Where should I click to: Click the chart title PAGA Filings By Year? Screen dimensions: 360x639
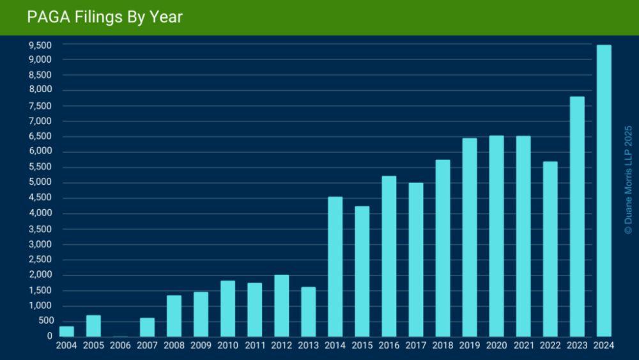pyautogui.click(x=105, y=17)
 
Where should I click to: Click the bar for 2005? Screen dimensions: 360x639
pyautogui.click(x=93, y=325)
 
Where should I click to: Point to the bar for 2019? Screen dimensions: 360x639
pyautogui.click(x=469, y=237)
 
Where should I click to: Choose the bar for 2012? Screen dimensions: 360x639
pyautogui.click(x=281, y=306)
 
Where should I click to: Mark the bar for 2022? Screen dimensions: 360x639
pyautogui.click(x=550, y=249)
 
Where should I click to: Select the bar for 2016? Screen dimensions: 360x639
pyautogui.click(x=389, y=256)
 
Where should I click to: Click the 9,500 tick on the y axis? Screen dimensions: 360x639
pyautogui.click(x=40, y=45)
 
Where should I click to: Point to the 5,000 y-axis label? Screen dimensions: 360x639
pyautogui.click(x=40, y=183)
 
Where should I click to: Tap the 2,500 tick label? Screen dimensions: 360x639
pyautogui.click(x=40, y=260)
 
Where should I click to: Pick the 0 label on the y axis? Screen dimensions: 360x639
pyautogui.click(x=49, y=336)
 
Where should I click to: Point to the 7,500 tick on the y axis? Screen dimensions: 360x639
pyautogui.click(x=40, y=106)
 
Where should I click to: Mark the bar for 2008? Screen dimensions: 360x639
pyautogui.click(x=174, y=316)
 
